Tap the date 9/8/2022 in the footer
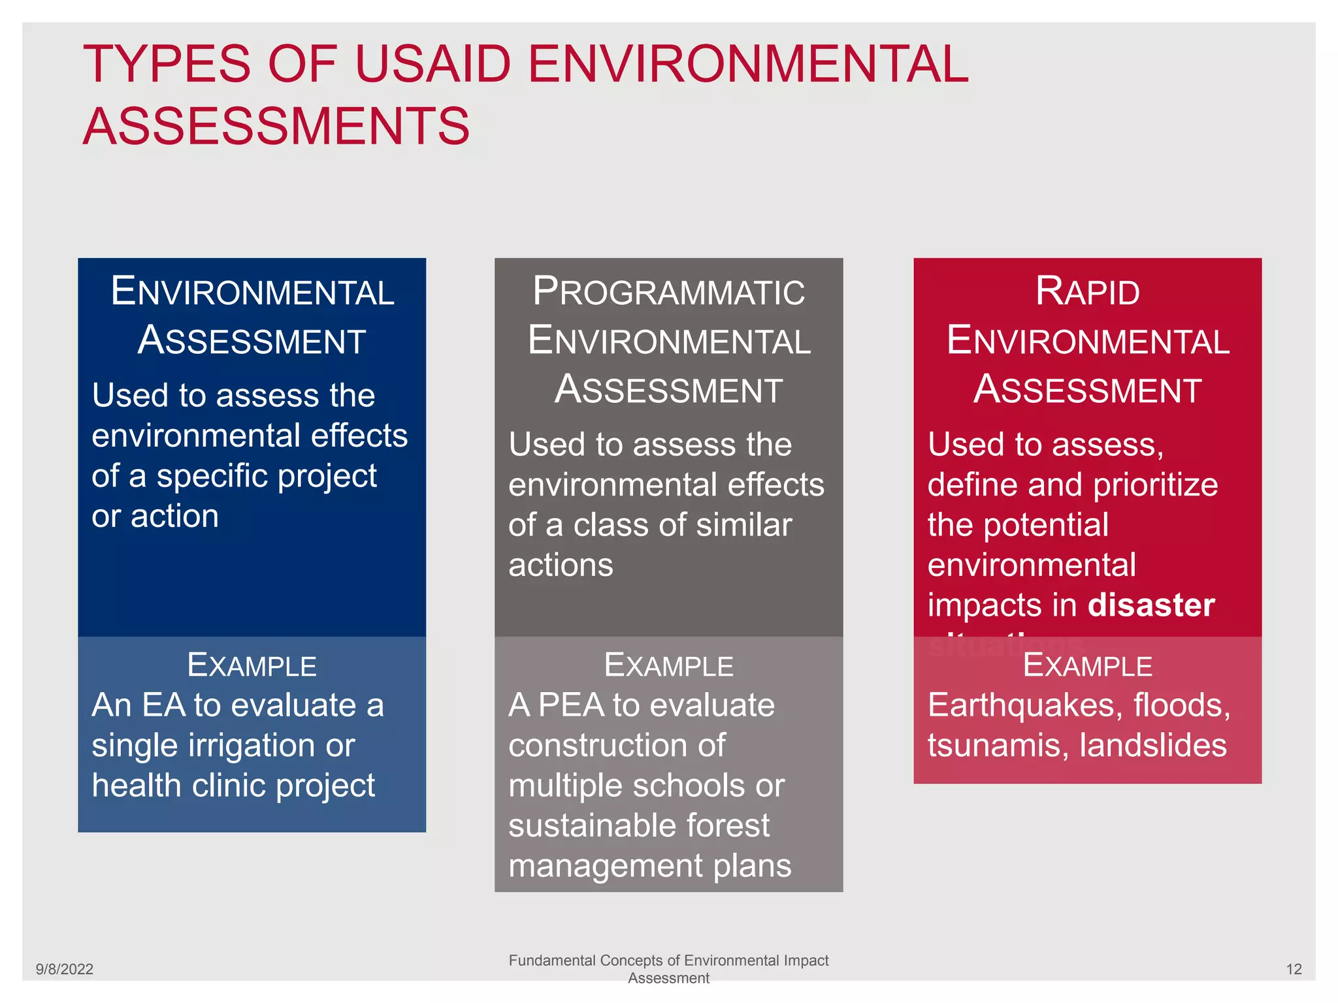tap(64, 969)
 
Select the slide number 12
tap(1294, 969)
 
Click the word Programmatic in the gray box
tap(668, 291)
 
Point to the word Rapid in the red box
tap(1087, 291)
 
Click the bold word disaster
tap(1151, 605)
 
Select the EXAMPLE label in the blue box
tap(252, 665)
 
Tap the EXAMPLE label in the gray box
tap(668, 665)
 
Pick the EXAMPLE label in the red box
tap(1087, 665)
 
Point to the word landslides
tap(1153, 745)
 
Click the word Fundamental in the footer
tap(552, 961)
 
